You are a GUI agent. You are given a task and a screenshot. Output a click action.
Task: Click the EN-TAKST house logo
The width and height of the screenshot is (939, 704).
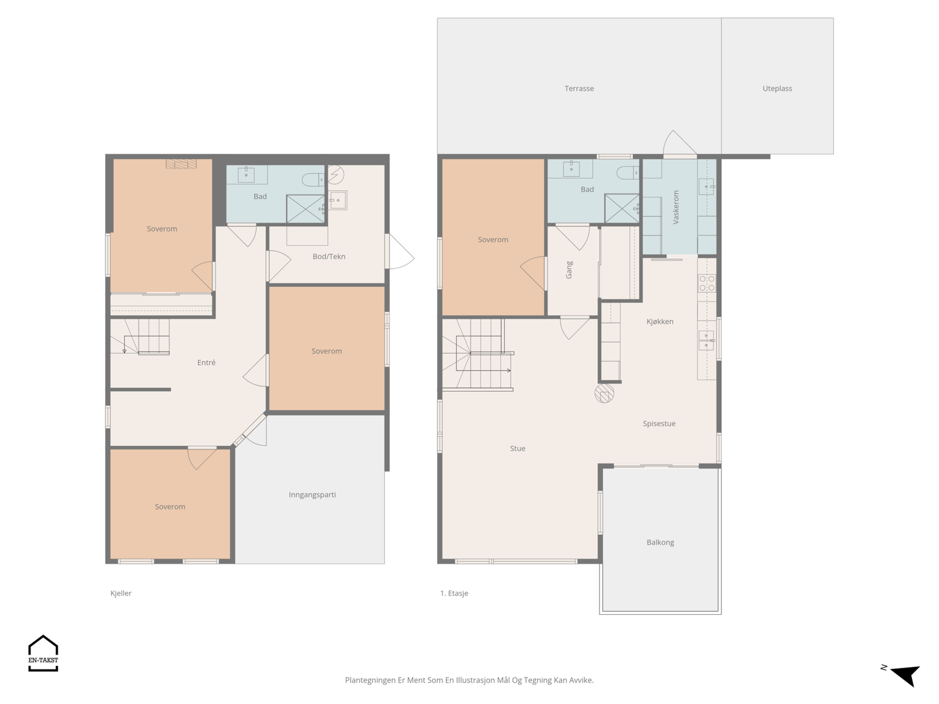43,653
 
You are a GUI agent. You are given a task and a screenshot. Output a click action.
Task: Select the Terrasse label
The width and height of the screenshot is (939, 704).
579,89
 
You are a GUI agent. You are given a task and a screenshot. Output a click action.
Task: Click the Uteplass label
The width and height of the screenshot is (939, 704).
777,89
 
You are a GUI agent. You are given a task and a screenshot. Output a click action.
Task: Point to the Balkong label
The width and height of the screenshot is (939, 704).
660,543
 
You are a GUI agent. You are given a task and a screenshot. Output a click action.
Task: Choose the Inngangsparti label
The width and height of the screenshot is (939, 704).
312,495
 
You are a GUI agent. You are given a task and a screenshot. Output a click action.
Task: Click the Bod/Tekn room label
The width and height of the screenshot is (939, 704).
329,256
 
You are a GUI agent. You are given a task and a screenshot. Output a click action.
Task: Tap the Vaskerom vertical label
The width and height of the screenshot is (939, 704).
676,207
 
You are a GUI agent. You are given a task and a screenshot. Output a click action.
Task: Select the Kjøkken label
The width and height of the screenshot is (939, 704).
660,321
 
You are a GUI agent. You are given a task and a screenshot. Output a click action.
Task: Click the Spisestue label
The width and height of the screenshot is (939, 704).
659,424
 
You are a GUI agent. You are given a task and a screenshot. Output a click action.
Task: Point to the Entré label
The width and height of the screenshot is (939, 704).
206,363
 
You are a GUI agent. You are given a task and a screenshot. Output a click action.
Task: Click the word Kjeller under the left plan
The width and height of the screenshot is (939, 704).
121,593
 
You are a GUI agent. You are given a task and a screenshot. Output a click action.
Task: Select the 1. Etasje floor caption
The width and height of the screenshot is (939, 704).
454,593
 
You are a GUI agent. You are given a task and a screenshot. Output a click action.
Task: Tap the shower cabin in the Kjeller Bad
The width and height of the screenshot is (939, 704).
305,209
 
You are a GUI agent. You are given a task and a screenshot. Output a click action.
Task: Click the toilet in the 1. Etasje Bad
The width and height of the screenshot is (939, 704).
627,172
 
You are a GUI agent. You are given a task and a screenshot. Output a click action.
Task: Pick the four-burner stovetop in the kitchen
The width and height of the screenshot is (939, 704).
707,283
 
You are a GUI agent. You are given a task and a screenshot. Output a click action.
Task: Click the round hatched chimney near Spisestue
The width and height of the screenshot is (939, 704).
604,393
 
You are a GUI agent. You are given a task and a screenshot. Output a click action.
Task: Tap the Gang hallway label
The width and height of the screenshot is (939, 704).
569,270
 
